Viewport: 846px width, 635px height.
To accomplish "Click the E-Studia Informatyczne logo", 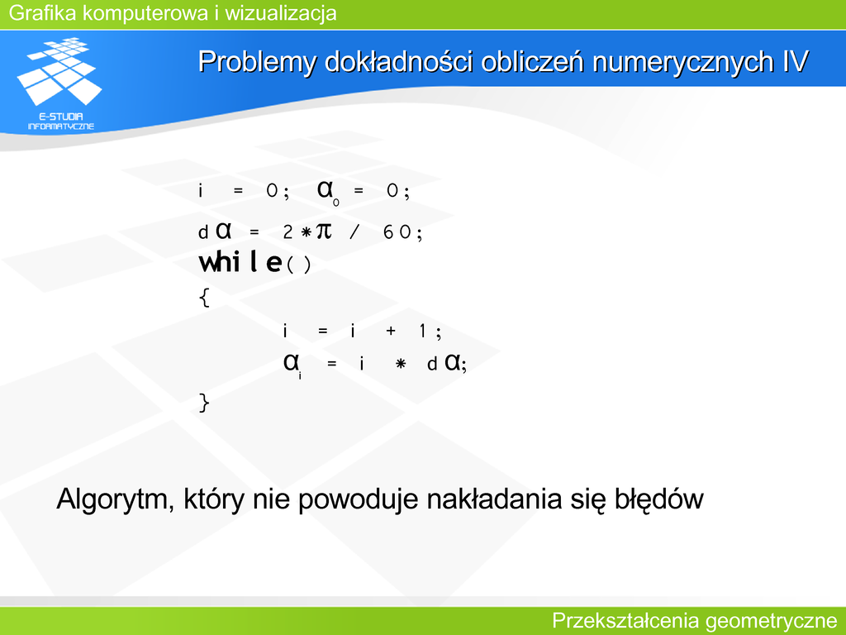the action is tap(59, 84).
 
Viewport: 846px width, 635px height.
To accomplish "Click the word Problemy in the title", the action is tap(257, 62).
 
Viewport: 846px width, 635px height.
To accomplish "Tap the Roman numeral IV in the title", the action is tap(796, 61).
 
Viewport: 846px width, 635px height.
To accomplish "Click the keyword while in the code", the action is tap(240, 263).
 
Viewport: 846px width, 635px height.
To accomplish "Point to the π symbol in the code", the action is tap(324, 232).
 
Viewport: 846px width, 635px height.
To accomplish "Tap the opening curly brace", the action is tap(205, 297).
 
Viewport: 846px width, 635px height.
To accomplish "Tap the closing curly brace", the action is tap(204, 403).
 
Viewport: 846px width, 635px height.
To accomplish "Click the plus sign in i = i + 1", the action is tap(391, 331).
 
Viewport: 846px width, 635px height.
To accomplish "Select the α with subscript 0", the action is tap(328, 192).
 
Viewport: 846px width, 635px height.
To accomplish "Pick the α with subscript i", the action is tap(293, 365).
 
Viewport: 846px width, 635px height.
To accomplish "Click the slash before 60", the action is tap(354, 232).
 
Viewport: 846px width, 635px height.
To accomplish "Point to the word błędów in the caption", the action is tap(658, 499).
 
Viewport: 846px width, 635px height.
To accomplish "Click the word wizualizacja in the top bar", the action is tap(281, 13).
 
